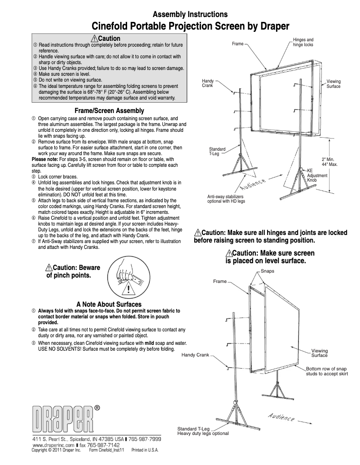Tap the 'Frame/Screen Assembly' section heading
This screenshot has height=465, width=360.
tap(109, 111)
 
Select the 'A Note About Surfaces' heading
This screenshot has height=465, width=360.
tap(109, 304)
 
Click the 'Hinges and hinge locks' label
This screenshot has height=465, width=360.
tap(303, 43)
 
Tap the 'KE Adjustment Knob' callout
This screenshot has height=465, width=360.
tap(317, 175)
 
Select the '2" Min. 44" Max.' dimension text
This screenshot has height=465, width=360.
tap(330, 162)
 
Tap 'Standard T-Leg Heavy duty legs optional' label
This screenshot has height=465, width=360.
tap(203, 431)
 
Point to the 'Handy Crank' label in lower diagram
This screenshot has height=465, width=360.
tap(195, 355)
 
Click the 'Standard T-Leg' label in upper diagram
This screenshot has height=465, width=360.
tap(217, 151)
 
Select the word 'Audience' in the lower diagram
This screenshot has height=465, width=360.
tap(281, 416)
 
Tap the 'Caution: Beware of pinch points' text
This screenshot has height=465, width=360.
tap(73, 272)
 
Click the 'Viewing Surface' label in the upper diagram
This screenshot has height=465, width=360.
tap(334, 84)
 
